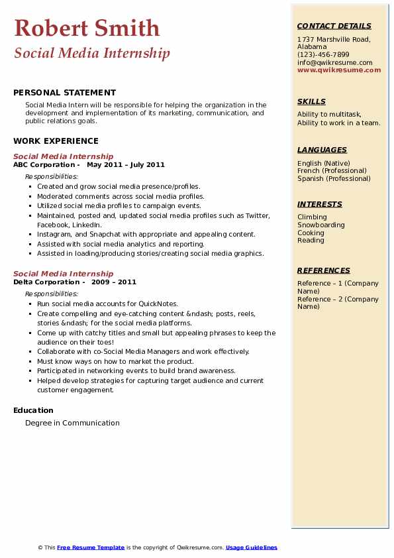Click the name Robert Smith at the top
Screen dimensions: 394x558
coord(87,28)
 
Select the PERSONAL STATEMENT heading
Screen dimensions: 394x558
coord(64,93)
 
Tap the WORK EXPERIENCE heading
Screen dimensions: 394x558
coord(56,140)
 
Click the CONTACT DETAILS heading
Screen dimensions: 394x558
coord(334,27)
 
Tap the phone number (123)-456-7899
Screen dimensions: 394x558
coord(323,55)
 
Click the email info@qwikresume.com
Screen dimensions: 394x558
coord(335,62)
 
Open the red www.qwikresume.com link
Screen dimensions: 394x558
coord(339,70)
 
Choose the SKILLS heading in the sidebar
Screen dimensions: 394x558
coord(311,102)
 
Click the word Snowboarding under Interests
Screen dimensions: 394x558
coord(320,225)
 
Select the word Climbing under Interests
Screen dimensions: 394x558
coord(312,217)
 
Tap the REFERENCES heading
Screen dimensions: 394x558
coord(323,270)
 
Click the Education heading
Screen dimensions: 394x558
coord(33,410)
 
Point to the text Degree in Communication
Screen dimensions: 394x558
coord(73,423)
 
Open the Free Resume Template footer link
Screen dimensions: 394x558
coord(91,547)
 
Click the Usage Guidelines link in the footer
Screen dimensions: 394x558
coord(252,547)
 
